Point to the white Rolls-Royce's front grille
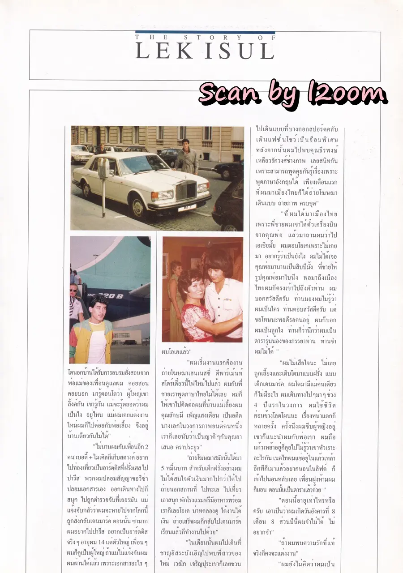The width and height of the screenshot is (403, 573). (186, 190)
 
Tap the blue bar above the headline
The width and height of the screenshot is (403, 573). (205, 32)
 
